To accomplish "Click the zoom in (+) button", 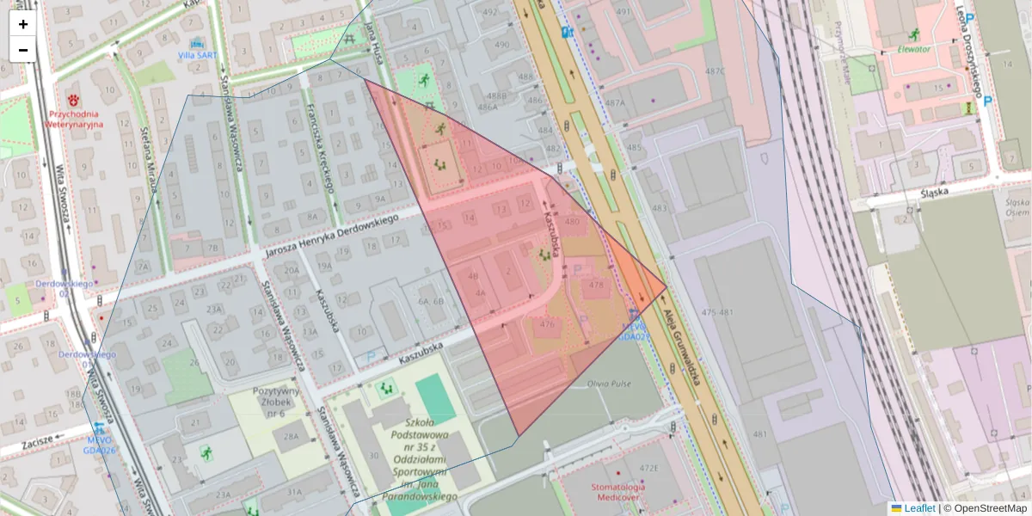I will (23, 24).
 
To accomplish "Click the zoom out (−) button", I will (23, 50).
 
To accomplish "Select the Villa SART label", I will (198, 55).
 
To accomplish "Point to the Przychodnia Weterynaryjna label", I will (75, 119).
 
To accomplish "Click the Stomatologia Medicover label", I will (618, 492).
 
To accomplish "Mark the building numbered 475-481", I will (717, 311).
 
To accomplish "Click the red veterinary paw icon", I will (74, 89).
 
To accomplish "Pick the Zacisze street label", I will (40, 437).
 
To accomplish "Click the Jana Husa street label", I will (372, 39).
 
